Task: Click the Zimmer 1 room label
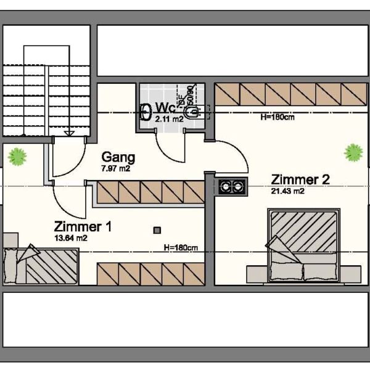[83, 227]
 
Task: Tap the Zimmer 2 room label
[300, 180]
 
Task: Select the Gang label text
[118, 157]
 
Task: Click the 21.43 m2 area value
[288, 191]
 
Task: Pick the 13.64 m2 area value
[70, 237]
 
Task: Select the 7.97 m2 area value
[115, 168]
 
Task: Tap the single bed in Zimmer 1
[41, 266]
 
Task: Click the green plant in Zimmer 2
[353, 152]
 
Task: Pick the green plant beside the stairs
[18, 157]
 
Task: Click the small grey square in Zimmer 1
[157, 230]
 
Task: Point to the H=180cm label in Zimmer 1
[181, 248]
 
